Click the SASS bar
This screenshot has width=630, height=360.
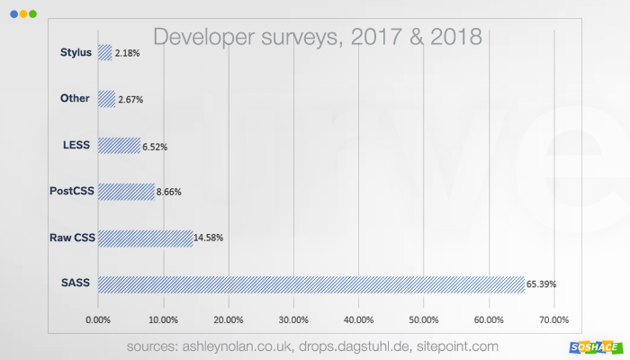pyautogui.click(x=310, y=284)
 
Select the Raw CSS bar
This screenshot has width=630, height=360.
pyautogui.click(x=145, y=238)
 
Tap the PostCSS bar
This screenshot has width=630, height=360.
pyautogui.click(x=126, y=192)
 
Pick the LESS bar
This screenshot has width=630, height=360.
pyautogui.click(x=119, y=146)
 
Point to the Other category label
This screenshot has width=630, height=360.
pyautogui.click(x=75, y=99)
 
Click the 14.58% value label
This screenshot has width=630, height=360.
pyautogui.click(x=208, y=238)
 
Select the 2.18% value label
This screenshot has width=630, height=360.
pyautogui.click(x=127, y=54)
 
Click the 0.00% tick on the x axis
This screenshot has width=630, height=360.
pyautogui.click(x=98, y=319)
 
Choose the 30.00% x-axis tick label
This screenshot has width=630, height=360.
pyautogui.click(x=293, y=319)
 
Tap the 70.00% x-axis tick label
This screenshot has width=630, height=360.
pyautogui.click(x=553, y=319)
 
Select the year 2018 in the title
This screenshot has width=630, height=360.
pyautogui.click(x=454, y=37)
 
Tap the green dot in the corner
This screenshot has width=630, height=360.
pyautogui.click(x=33, y=14)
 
